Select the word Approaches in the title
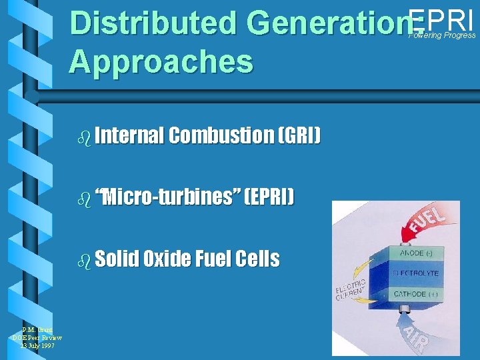[161, 61]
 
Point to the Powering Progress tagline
[443, 35]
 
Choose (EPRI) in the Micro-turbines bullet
[268, 197]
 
